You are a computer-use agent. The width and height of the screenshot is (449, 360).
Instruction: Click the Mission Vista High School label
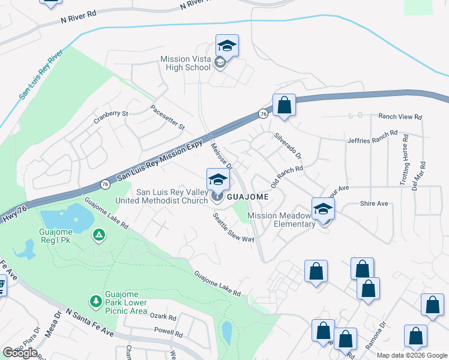[185, 63]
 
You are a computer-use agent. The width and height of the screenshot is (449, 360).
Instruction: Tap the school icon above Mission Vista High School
[228, 46]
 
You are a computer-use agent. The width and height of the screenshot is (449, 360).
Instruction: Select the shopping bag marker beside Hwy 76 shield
[285, 106]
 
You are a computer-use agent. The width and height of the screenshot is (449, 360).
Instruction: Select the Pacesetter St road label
[167, 118]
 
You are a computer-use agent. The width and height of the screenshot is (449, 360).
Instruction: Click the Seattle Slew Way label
[234, 228]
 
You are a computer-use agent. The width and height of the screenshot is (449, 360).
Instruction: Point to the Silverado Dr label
[290, 146]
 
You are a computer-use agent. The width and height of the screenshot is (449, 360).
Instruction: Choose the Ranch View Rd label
[400, 116]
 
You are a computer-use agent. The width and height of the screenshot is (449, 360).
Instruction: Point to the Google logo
[20, 353]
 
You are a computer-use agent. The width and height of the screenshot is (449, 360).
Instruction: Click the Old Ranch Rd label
[287, 176]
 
